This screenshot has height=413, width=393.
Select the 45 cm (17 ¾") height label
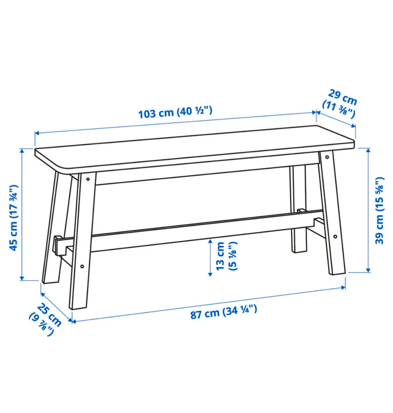coord(14,218)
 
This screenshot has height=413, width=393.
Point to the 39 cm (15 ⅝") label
coord(379,210)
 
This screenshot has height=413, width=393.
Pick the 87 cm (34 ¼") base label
coord(223,312)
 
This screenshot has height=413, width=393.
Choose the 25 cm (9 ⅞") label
coord(45,319)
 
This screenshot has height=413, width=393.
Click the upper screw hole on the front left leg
coord(88,179)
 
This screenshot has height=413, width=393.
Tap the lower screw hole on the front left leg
coord(82,266)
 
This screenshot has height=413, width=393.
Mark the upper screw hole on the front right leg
coord(327,158)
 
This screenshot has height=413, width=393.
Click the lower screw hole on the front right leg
coord(334,237)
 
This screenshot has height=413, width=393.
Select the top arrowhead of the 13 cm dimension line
coord(210,241)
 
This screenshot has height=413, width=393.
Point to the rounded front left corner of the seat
coord(60,168)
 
